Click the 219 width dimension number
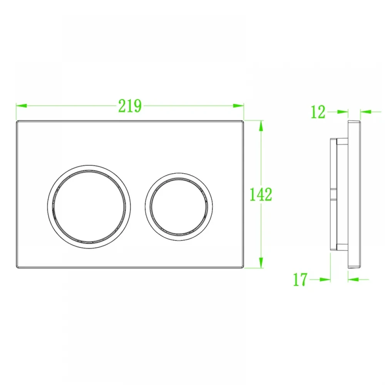(x=130, y=106)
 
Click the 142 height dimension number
(x=261, y=194)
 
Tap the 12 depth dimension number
(x=318, y=112)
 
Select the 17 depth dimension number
(x=300, y=279)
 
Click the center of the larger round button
(x=89, y=207)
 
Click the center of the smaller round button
(x=179, y=207)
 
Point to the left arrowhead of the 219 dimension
(x=21, y=105)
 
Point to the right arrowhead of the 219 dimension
(x=238, y=105)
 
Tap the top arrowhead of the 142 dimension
(x=261, y=126)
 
